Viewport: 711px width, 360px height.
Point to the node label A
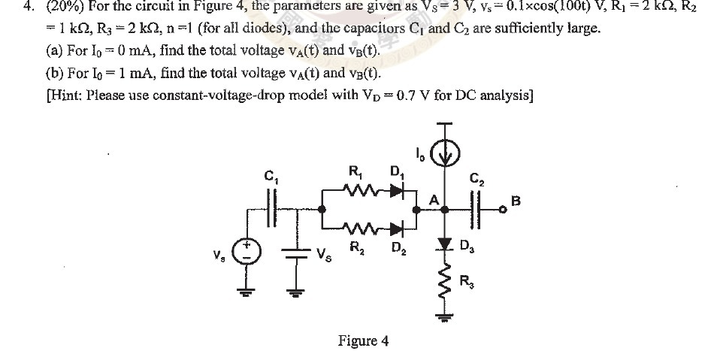(x=433, y=200)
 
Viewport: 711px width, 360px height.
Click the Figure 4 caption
(x=363, y=340)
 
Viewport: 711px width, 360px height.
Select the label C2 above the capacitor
(x=476, y=179)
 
